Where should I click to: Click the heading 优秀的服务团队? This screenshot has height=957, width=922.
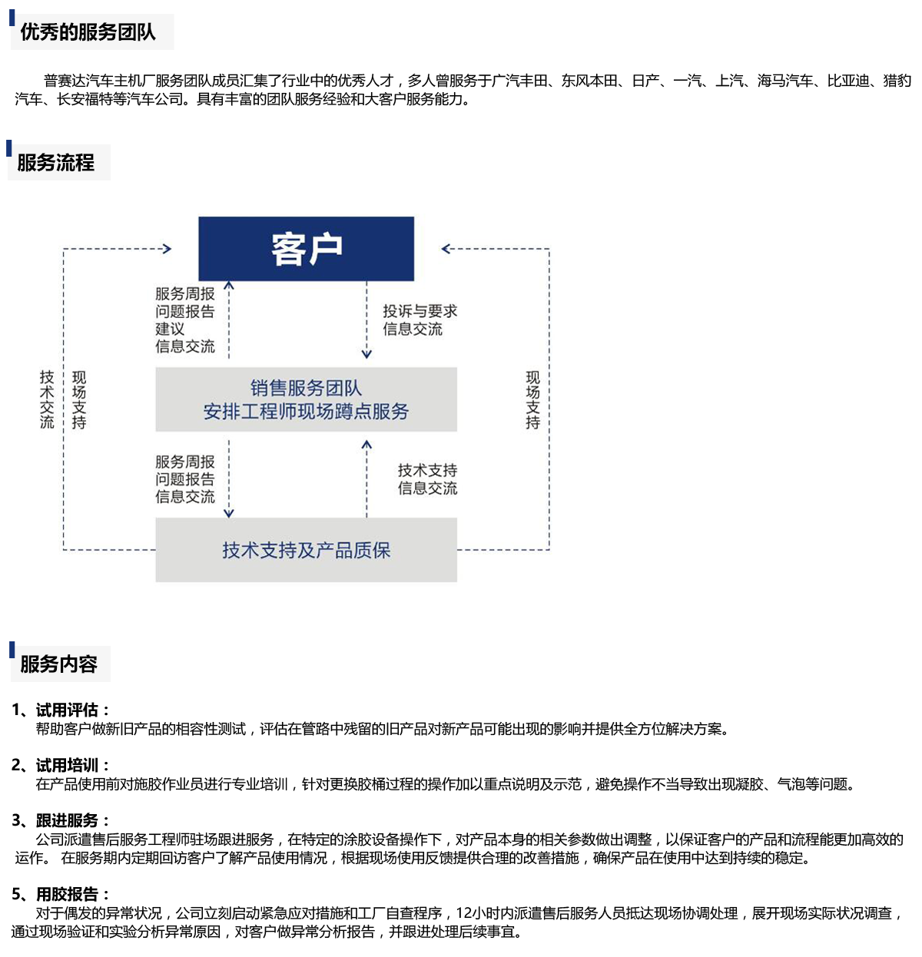[x=88, y=32]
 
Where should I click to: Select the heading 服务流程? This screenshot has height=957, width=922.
[x=55, y=163]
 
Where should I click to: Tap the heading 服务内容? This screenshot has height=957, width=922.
[x=58, y=664]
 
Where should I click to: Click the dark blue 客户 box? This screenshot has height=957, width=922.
[x=306, y=249]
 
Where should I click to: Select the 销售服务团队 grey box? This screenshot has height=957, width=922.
[x=306, y=399]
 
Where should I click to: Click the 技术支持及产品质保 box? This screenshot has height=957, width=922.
[x=306, y=550]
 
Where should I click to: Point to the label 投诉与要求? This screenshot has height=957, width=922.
[x=420, y=311]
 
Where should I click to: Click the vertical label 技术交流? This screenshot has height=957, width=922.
[x=47, y=399]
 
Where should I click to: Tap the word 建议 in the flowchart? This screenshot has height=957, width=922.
[x=170, y=329]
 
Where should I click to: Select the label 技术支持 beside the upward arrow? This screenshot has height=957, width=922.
[x=427, y=470]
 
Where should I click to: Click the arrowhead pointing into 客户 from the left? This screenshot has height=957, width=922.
[x=167, y=249]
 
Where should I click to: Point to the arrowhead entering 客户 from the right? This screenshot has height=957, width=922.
[x=446, y=249]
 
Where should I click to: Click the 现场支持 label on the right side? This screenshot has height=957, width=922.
[x=532, y=400]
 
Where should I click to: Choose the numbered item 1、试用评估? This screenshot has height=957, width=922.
[x=61, y=710]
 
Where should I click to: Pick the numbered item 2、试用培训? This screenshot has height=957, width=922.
[x=61, y=765]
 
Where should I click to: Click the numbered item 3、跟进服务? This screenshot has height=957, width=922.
[x=61, y=820]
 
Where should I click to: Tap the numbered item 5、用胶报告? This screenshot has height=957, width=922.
[x=61, y=894]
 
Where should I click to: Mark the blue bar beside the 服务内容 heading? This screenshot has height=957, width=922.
[x=12, y=650]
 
